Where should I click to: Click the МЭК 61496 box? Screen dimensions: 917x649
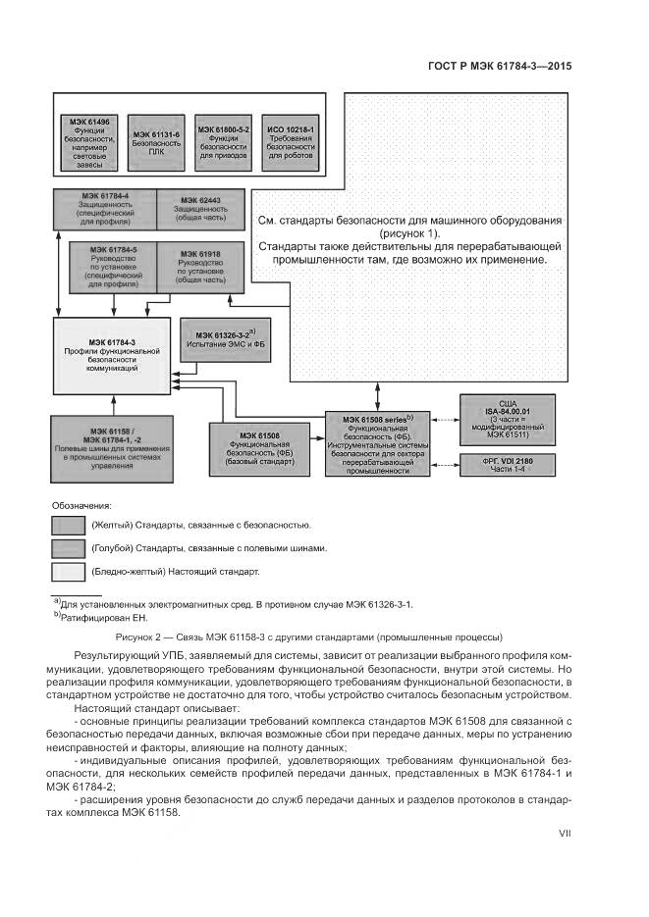pos(89,143)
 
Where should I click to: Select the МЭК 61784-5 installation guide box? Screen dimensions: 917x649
pos(111,267)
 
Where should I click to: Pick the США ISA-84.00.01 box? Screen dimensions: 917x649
pos(508,419)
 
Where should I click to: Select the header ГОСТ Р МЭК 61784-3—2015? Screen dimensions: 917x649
pos(500,68)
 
